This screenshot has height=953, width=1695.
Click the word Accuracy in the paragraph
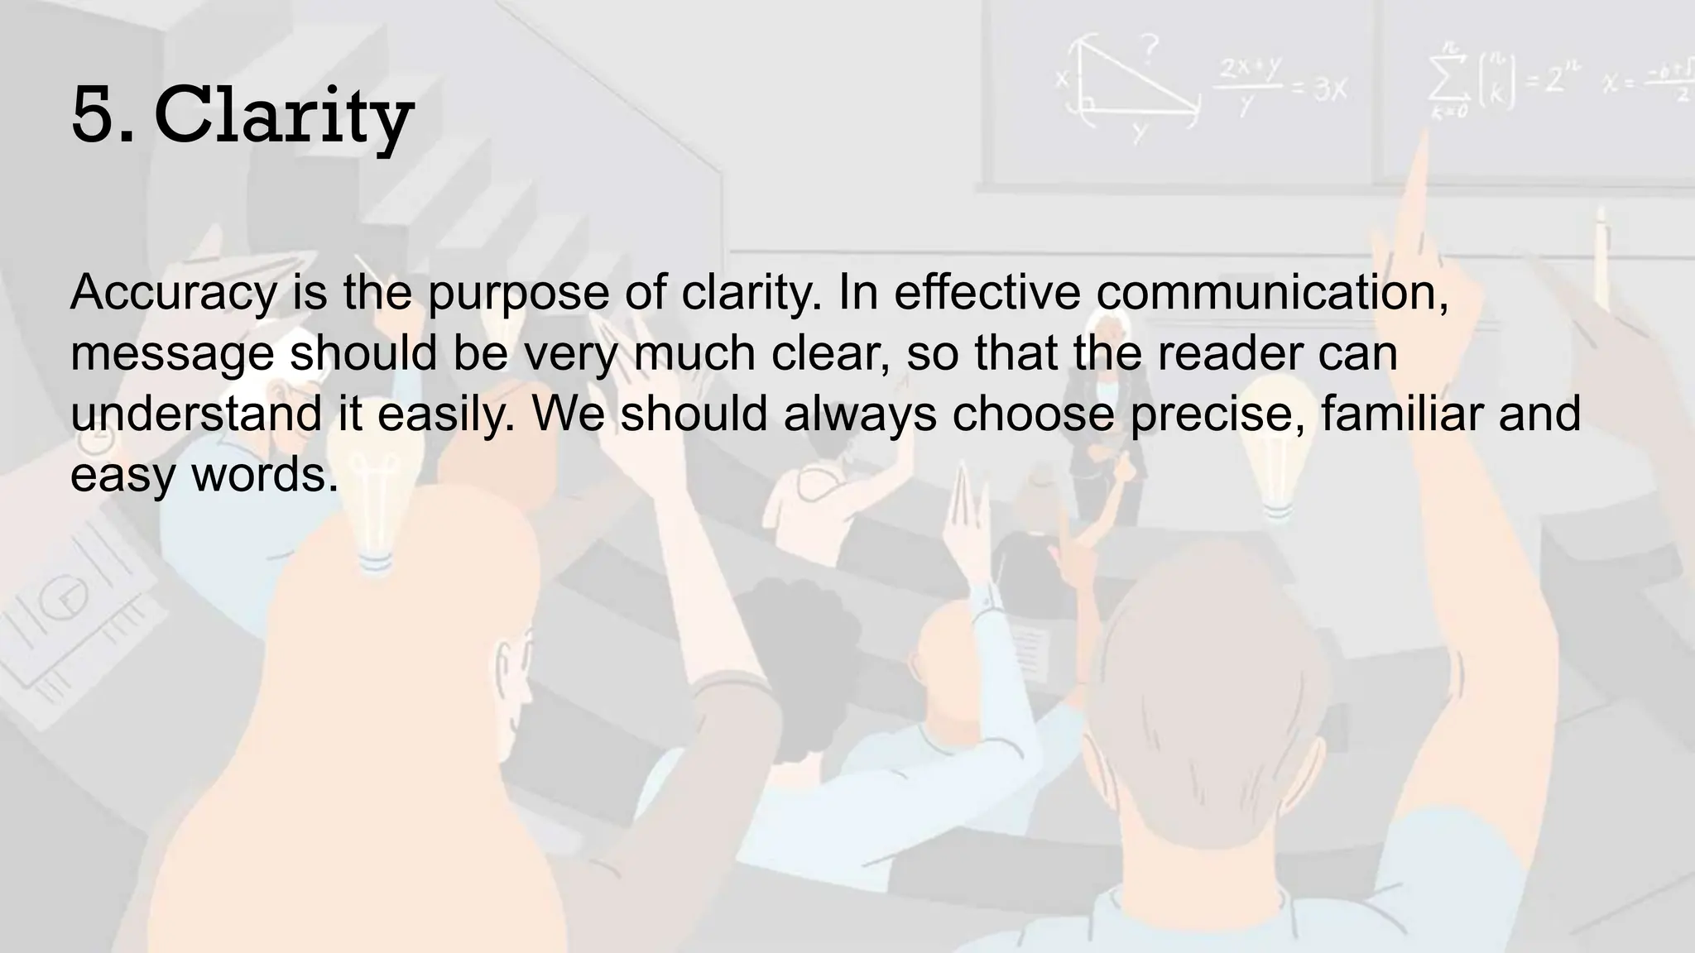tap(173, 293)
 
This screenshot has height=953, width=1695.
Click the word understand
tap(196, 414)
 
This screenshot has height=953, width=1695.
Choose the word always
tap(860, 414)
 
